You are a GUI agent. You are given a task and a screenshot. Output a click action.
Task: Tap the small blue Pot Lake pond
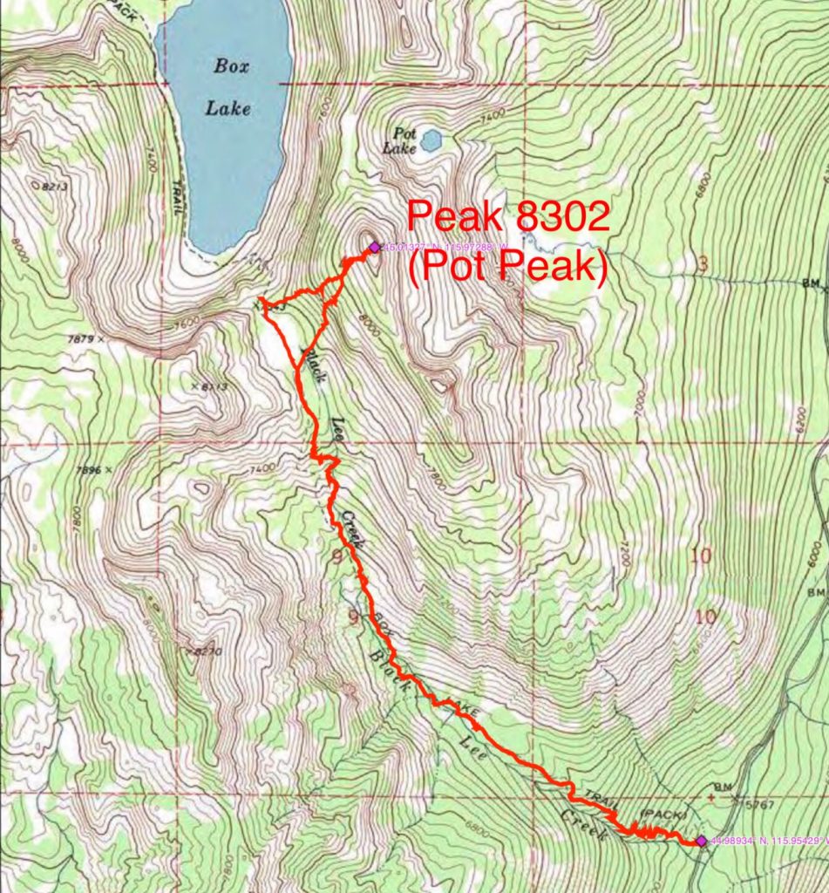(431, 140)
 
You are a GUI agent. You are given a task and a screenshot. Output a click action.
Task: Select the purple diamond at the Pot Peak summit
(374, 247)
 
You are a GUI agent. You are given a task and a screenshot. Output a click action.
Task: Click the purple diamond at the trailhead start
(701, 841)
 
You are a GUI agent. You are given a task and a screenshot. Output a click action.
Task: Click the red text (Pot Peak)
(507, 268)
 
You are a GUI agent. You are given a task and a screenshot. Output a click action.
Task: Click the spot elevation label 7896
(90, 470)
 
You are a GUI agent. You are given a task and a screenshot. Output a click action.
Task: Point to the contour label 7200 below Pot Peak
(622, 554)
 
